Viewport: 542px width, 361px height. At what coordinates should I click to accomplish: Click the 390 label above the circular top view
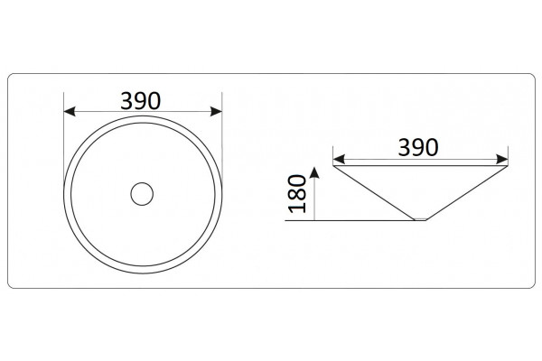141,101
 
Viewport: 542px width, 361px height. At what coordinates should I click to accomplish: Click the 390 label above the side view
418,147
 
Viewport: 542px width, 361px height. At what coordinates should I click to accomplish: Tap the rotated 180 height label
297,193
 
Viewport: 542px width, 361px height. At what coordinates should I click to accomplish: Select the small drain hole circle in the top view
142,194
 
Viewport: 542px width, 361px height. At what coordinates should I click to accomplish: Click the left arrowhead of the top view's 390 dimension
70,112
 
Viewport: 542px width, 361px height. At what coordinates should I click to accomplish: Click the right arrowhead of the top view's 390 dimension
216,112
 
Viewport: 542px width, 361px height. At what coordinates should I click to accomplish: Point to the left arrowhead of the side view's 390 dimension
339,159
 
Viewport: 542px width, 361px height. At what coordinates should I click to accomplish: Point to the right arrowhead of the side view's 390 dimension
502,159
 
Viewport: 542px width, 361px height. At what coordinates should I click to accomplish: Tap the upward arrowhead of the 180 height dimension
314,172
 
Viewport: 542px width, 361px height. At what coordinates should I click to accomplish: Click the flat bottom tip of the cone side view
420,219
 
